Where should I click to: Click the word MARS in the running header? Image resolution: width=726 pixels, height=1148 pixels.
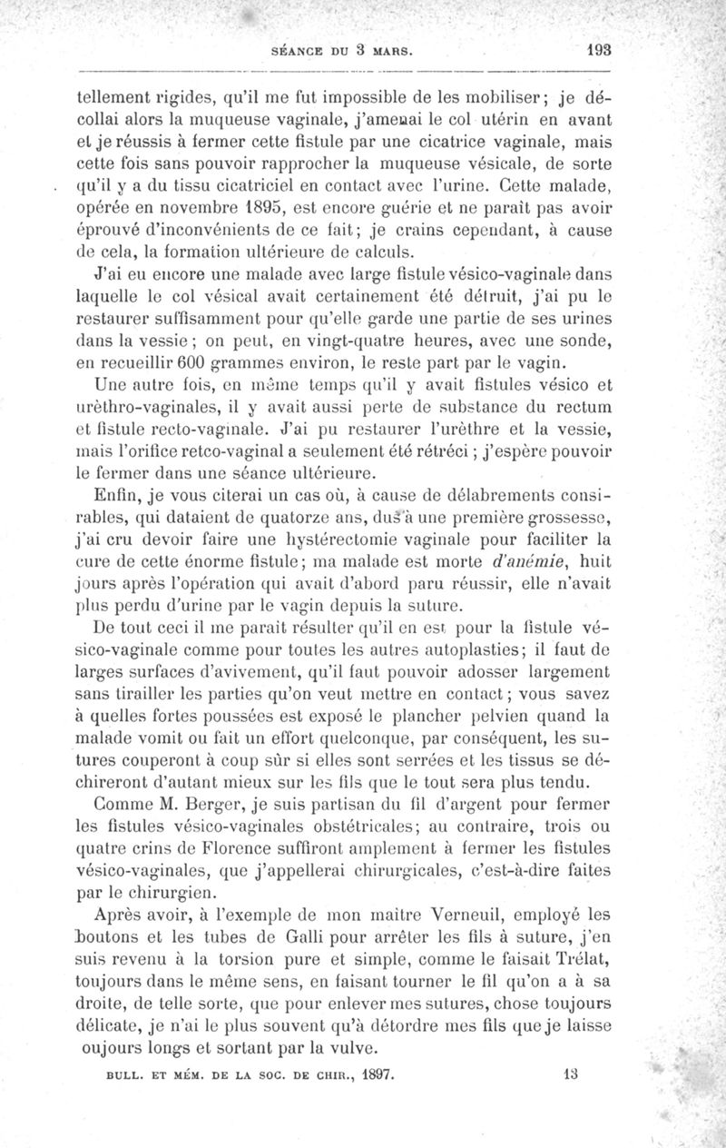tap(391, 52)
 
